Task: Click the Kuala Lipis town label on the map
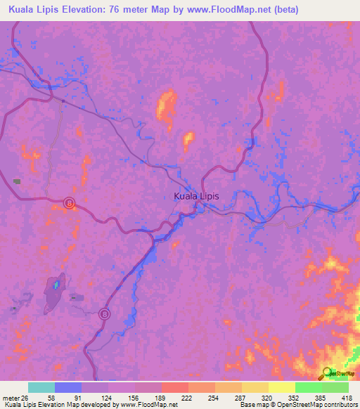[x=196, y=197]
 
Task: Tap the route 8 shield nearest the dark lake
[x=104, y=313]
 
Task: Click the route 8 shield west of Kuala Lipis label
[x=69, y=203]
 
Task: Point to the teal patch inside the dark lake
[x=56, y=285]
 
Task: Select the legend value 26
[x=27, y=397]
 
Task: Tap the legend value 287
[x=228, y=397]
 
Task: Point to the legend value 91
[x=68, y=397]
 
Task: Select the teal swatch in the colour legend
[x=41, y=387]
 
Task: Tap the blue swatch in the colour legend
[x=68, y=387]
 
